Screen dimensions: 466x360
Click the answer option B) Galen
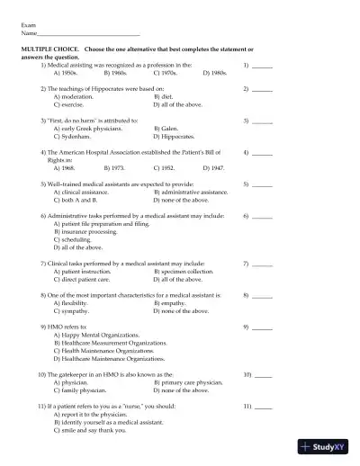170,128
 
